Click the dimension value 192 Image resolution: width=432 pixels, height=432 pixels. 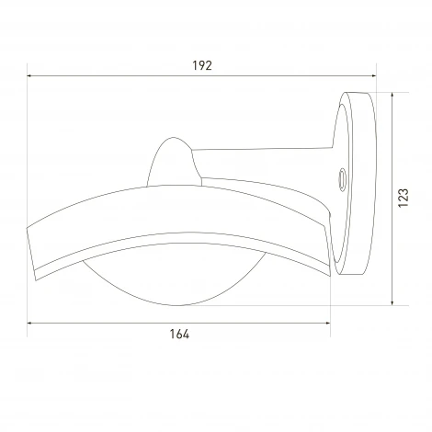[x=202, y=65]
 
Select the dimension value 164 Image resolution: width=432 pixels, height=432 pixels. [x=179, y=334]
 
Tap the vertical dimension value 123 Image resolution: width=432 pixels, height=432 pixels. [x=404, y=198]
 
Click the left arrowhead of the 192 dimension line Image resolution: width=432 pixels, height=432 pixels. [x=29, y=75]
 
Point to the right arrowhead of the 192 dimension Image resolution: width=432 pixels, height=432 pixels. [x=373, y=75]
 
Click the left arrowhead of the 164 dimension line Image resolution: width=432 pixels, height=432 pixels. [x=29, y=323]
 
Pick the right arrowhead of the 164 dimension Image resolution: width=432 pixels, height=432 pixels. [x=327, y=323]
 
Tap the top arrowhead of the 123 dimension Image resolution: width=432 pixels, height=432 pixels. [x=392, y=95]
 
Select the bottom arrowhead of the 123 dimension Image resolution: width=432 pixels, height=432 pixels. [x=392, y=302]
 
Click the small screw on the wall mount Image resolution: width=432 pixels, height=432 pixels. [x=342, y=179]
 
